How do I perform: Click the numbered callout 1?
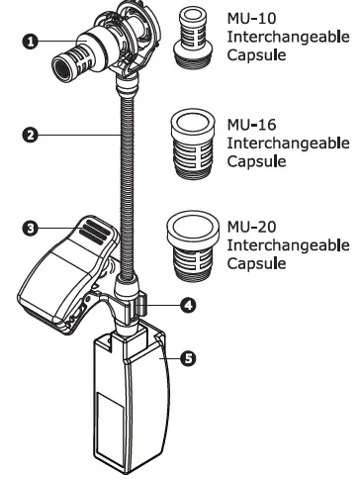(x=31, y=41)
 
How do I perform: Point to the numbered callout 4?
(x=188, y=305)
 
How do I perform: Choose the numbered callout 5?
(x=188, y=358)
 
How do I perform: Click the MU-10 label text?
(x=249, y=19)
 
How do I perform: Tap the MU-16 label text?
(x=250, y=126)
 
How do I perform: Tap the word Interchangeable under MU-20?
(x=288, y=244)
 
